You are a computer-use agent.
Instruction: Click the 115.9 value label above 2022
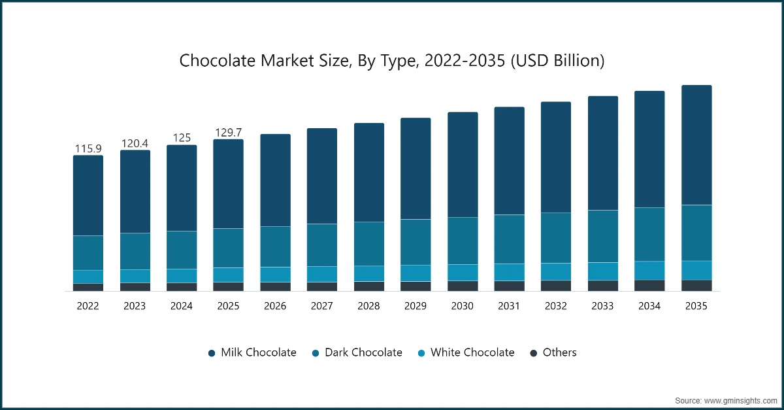[x=88, y=148]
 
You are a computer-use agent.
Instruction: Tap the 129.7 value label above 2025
[x=229, y=133]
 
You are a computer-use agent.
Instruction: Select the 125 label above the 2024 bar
[x=182, y=138]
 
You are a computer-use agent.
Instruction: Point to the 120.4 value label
[x=135, y=143]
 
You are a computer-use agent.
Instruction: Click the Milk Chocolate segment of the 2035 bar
[x=696, y=145]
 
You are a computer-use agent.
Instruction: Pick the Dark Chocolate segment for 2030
[x=463, y=241]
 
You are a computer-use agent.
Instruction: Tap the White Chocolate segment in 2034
[x=649, y=270]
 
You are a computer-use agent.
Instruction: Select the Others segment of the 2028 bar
[x=369, y=286]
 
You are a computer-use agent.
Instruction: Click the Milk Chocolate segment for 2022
[x=88, y=196]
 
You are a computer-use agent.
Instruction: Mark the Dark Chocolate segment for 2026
[x=275, y=247]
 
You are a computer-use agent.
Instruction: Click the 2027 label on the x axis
[x=322, y=305]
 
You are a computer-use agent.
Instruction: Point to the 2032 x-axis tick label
[x=556, y=305]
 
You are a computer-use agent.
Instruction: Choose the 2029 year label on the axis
[x=416, y=305]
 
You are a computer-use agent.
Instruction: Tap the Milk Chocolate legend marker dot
[x=212, y=353]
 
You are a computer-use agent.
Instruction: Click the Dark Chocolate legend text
[x=363, y=352]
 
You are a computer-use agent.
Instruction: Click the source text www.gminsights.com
[x=741, y=400]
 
